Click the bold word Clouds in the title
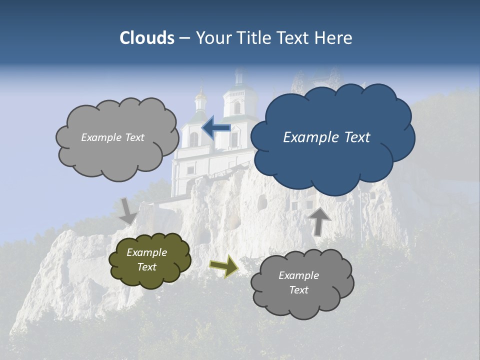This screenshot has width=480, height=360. coord(147,38)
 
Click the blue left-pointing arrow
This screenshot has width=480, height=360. coord(216,128)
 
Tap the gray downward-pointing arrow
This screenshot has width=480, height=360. coord(128,210)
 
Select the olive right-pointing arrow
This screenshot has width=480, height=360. coord(224,265)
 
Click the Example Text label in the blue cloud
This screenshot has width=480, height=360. coord(326,137)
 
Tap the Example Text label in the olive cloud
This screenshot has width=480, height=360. coord(147,259)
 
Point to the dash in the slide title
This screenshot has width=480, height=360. coord(184,38)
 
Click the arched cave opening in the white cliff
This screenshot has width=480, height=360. coord(262,202)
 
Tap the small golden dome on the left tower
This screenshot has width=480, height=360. coord(201,93)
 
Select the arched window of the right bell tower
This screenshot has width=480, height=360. coord(237,107)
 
